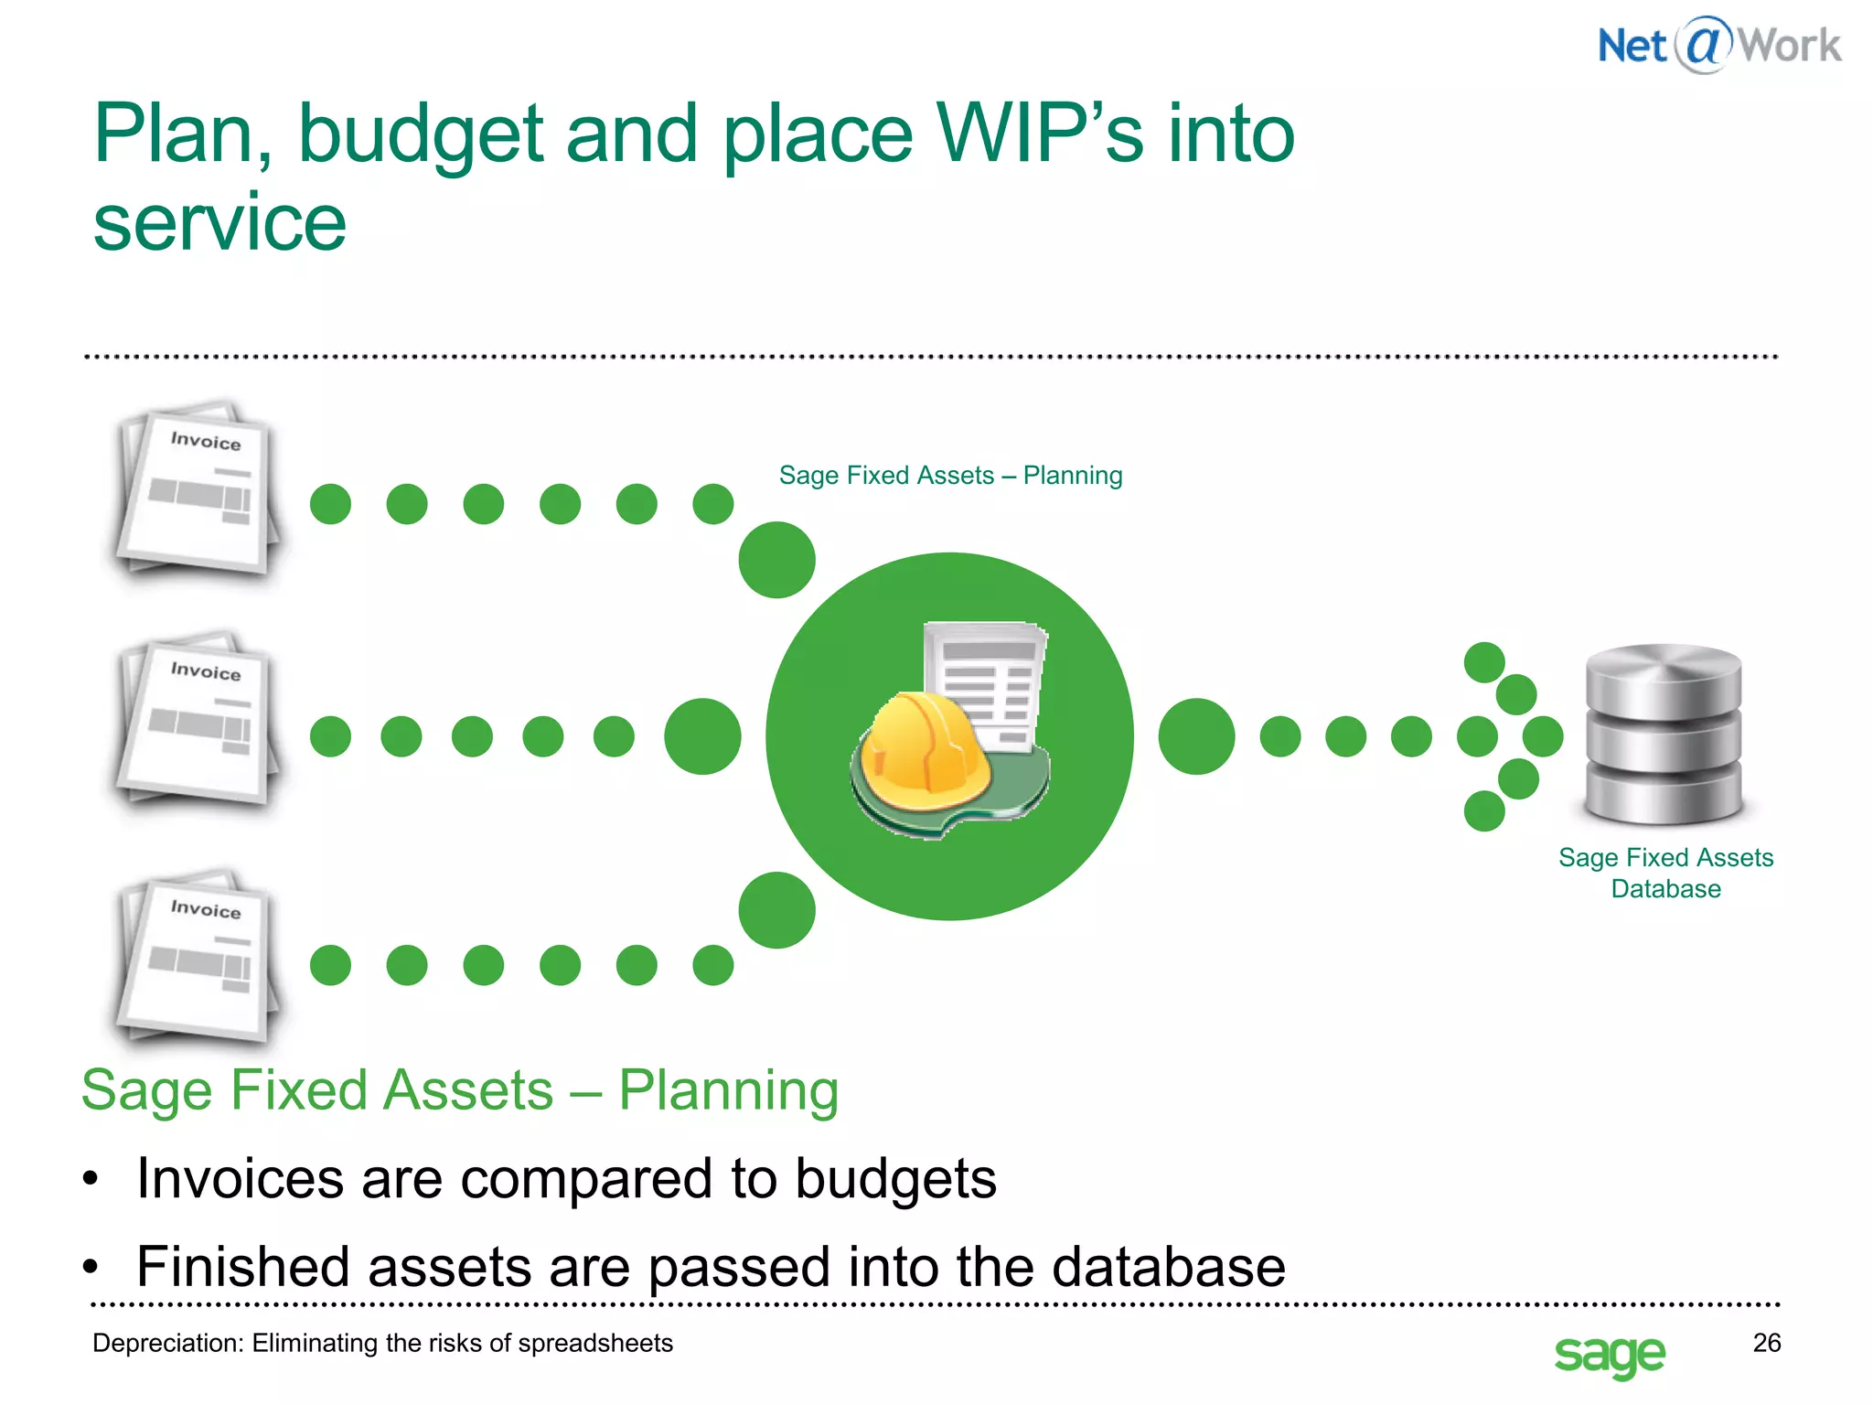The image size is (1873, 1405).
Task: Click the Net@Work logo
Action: [1718, 46]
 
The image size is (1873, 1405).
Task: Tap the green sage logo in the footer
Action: [1609, 1353]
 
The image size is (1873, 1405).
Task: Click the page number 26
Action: [1766, 1342]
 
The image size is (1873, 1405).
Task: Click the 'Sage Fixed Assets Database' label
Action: [1665, 873]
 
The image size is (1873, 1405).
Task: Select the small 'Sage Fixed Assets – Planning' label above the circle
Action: [950, 476]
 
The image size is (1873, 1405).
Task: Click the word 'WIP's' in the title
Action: [1039, 134]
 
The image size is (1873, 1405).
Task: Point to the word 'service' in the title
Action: [219, 223]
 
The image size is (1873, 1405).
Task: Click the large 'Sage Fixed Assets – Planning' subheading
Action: [459, 1090]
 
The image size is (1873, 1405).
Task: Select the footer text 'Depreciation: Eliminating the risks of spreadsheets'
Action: [382, 1343]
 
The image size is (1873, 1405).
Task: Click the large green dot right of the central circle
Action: [1195, 736]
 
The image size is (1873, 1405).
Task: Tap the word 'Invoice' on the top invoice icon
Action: [206, 441]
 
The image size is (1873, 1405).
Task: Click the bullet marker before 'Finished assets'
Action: [90, 1268]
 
